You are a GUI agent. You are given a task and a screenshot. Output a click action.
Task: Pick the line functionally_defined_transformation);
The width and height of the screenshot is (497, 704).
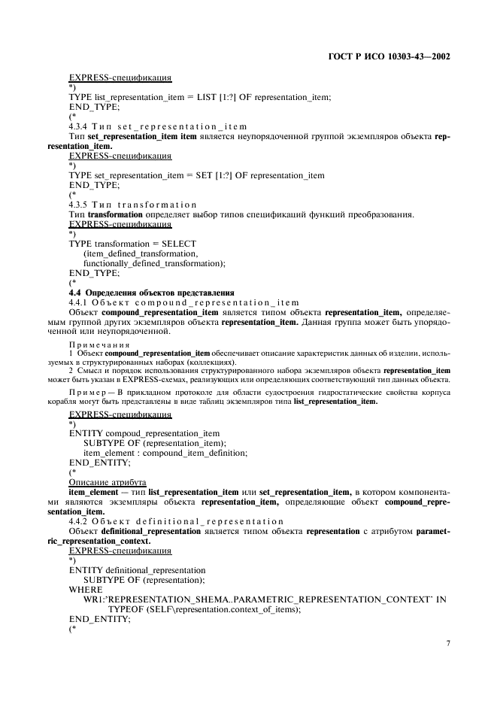pyautogui.click(x=155, y=263)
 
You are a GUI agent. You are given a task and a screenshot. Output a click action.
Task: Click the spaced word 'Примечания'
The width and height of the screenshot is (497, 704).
pyautogui.click(x=90, y=344)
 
